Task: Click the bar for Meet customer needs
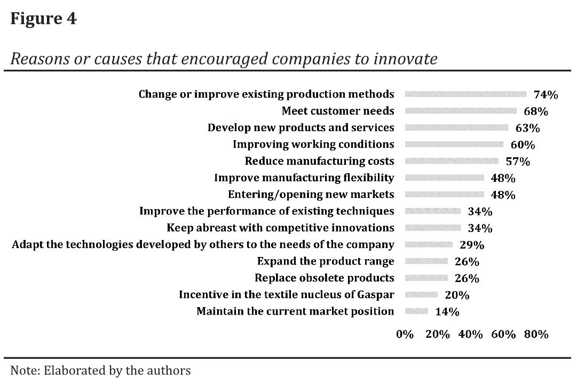coord(461,111)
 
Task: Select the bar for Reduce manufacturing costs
coord(452,161)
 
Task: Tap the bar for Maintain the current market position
coord(416,311)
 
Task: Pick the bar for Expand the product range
coord(426,261)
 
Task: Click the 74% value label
coord(546,95)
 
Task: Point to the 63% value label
coord(527,128)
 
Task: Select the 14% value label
coord(447,312)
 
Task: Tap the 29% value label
coord(472,245)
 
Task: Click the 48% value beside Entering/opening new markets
coord(503,195)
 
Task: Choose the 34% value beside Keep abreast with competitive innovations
coord(480,228)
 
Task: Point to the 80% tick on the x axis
coord(536,334)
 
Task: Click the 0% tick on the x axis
coord(405,334)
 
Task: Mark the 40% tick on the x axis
coord(470,334)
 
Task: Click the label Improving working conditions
coord(313,144)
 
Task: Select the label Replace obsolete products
coord(324,278)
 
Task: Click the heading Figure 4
coord(43,19)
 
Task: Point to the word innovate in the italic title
coord(406,58)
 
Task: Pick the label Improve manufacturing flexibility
coord(304,178)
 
